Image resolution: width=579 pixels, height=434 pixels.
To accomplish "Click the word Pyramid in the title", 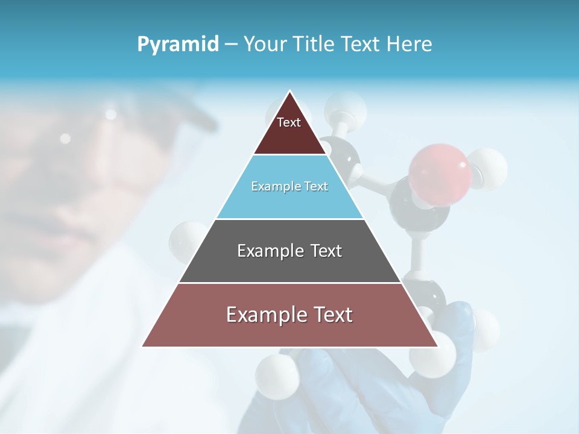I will tap(178, 45).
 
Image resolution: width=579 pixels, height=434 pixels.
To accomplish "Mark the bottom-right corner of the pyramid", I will tap(437, 346).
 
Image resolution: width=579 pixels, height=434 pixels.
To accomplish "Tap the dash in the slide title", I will tap(231, 45).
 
